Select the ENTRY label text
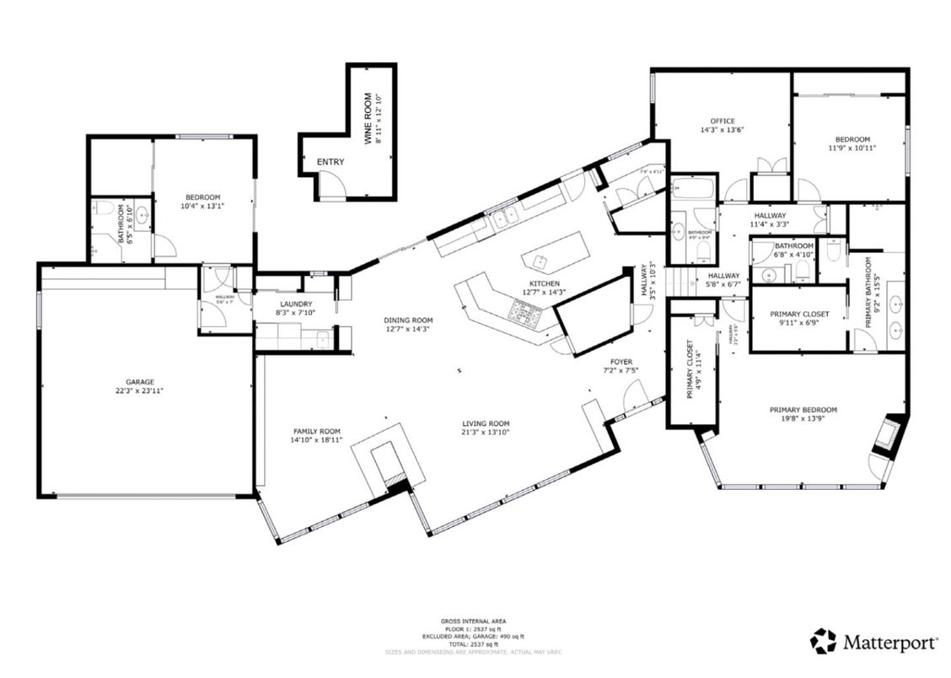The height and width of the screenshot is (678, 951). tap(330, 162)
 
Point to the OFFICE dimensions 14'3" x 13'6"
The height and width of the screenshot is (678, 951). tap(722, 131)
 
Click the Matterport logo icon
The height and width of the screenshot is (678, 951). tap(823, 641)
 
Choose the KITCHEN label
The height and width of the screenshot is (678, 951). tap(545, 283)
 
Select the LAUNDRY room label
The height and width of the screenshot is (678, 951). tap(296, 304)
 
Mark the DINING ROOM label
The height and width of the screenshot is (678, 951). tap(408, 320)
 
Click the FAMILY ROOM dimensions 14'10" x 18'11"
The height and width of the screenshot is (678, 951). tap(317, 440)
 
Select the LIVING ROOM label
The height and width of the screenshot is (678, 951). tap(486, 423)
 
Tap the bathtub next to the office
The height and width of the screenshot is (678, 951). tap(693, 188)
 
